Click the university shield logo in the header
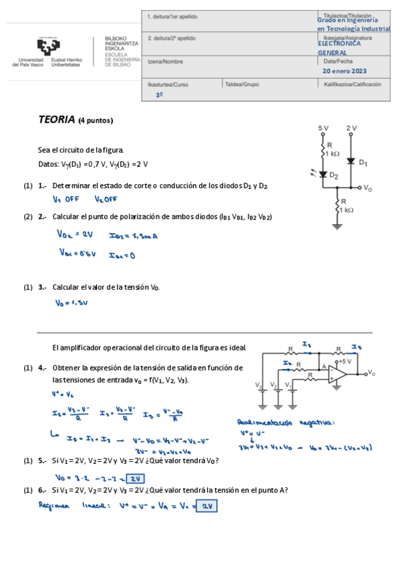[46, 47]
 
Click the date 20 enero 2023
[345, 70]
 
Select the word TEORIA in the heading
[56, 120]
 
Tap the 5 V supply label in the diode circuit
[323, 127]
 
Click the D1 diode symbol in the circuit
[351, 161]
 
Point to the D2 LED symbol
[323, 175]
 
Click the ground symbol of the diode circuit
[337, 226]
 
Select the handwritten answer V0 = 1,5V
[71, 303]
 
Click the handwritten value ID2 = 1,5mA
[133, 235]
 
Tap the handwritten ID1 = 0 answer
[122, 254]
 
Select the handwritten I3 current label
[357, 346]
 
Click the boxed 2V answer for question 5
[136, 478]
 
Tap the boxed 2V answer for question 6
[207, 506]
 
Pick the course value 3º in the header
[159, 95]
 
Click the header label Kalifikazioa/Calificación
[352, 85]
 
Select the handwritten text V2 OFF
[106, 199]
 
